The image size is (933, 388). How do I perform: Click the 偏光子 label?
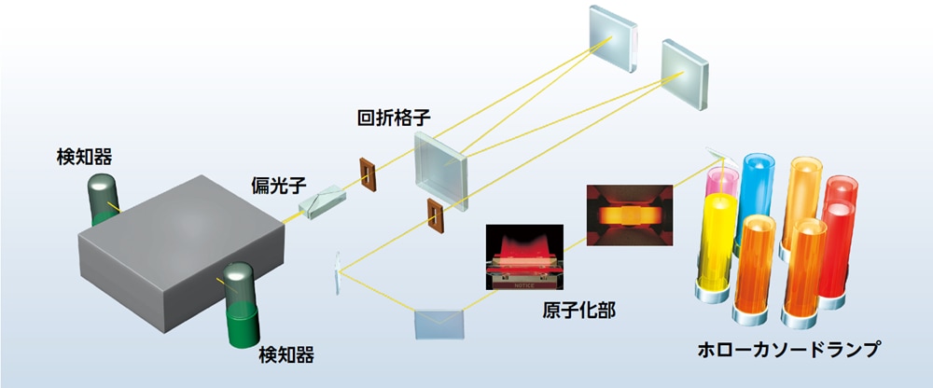(x=278, y=185)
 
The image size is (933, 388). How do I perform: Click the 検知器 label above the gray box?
(x=84, y=157)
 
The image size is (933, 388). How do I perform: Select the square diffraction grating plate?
(x=441, y=171)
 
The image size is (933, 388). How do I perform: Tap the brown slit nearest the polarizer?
(x=368, y=174)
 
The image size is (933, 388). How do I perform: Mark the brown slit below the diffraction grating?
(x=436, y=215)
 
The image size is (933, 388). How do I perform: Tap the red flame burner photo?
(x=524, y=257)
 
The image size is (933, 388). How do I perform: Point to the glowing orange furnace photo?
(x=630, y=215)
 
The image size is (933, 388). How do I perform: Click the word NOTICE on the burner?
(x=523, y=285)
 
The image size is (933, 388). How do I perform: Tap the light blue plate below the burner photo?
(x=439, y=324)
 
